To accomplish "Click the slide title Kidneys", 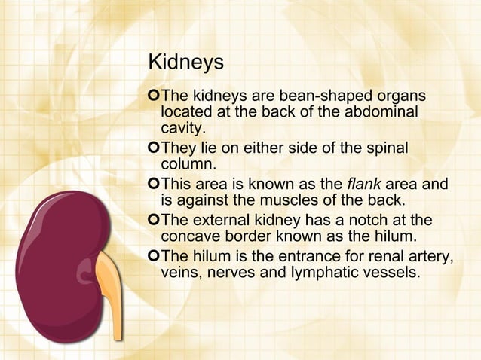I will coord(185,63).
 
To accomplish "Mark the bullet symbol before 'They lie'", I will coord(155,148).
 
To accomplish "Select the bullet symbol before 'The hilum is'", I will coord(155,256).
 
